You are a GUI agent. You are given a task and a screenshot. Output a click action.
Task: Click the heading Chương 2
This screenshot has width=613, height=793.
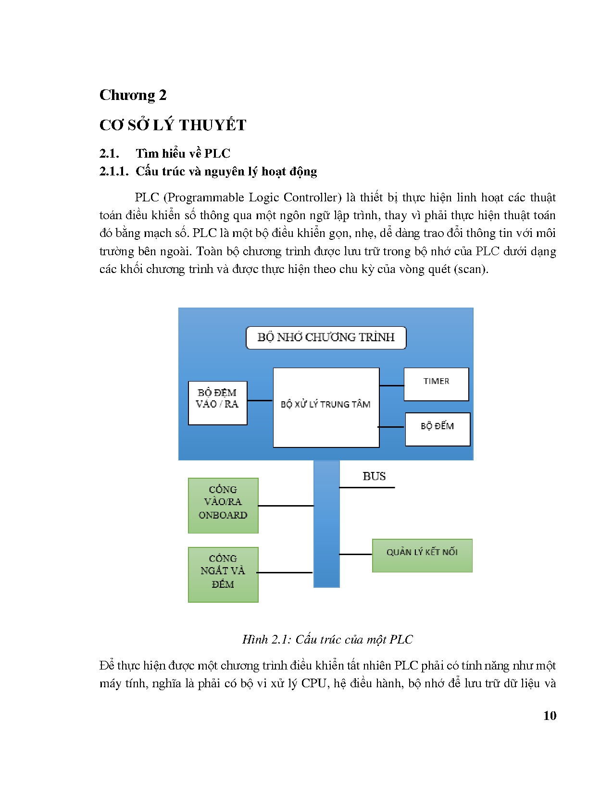tap(133, 95)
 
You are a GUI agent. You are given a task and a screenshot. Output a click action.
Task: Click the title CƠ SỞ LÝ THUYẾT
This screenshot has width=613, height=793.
tap(173, 125)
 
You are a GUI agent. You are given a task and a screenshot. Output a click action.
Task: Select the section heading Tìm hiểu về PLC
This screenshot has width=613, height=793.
tap(183, 153)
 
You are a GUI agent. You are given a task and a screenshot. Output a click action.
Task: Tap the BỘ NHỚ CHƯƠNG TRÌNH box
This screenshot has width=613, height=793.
tap(326, 337)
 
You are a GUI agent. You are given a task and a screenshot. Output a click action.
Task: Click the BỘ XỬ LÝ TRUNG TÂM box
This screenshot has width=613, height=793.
tap(326, 408)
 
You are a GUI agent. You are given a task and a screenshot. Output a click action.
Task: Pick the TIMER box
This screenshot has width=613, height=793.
tap(436, 384)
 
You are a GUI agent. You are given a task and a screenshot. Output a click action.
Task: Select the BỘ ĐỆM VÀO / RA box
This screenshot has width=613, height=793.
tap(217, 403)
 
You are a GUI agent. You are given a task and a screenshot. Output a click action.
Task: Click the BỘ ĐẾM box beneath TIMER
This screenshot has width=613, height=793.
tap(438, 429)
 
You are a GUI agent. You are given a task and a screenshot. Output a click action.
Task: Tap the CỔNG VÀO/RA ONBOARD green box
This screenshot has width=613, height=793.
tap(223, 505)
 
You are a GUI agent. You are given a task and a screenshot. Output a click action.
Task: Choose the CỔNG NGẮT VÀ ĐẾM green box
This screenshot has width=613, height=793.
tap(223, 574)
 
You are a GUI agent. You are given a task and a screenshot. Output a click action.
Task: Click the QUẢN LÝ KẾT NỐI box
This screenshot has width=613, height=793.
tap(422, 555)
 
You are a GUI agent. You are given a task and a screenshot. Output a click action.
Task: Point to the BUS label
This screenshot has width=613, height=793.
tap(374, 476)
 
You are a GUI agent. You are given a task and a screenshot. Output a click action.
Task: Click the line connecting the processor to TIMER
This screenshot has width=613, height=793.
tap(392, 385)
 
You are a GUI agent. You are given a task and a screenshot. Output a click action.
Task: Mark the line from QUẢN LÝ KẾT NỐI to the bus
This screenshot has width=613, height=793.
tap(356, 554)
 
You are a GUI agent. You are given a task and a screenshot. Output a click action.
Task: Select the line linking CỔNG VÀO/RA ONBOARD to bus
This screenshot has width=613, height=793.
tap(286, 506)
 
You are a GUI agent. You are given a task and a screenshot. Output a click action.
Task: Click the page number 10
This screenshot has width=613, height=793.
tap(550, 716)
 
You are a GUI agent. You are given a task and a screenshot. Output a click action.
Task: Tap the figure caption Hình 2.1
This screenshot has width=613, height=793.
tap(327, 639)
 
